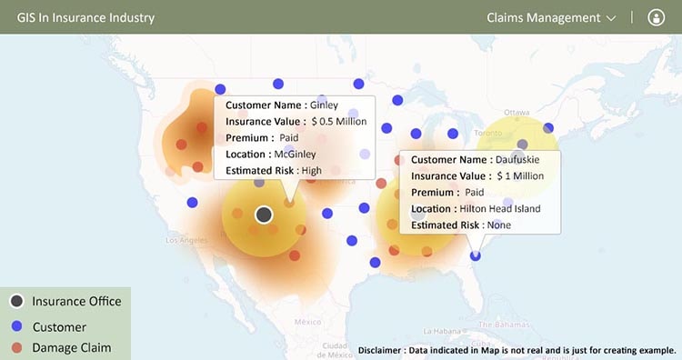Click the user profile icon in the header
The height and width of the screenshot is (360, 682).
pyautogui.click(x=657, y=17)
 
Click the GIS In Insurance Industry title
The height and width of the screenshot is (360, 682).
pyautogui.click(x=85, y=17)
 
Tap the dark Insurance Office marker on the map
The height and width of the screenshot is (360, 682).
pyautogui.click(x=264, y=215)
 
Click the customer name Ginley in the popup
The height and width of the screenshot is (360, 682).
pyautogui.click(x=324, y=105)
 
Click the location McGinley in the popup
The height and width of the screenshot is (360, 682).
pyautogui.click(x=295, y=155)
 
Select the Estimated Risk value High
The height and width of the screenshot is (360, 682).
pyautogui.click(x=311, y=170)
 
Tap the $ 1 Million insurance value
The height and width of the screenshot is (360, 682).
pyautogui.click(x=520, y=175)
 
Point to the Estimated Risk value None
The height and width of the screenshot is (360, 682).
pyautogui.click(x=498, y=225)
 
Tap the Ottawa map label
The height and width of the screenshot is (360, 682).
pyautogui.click(x=517, y=113)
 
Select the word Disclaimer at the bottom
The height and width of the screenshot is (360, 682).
pyautogui.click(x=384, y=350)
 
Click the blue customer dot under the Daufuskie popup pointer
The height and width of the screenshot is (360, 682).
pyautogui.click(x=476, y=256)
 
